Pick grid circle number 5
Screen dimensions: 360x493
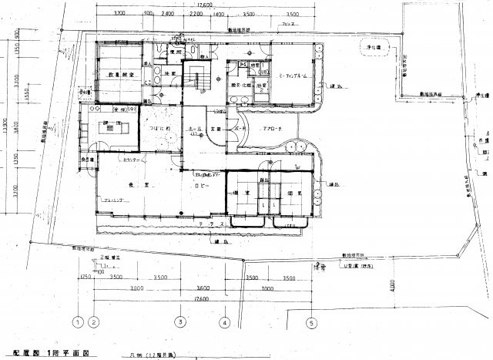tap(312, 322)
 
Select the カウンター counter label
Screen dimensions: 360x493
tap(130, 159)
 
